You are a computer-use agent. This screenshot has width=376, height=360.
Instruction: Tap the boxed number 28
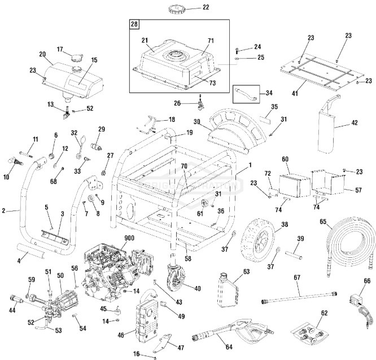(x=134, y=24)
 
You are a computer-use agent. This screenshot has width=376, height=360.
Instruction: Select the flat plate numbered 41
(x=319, y=74)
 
